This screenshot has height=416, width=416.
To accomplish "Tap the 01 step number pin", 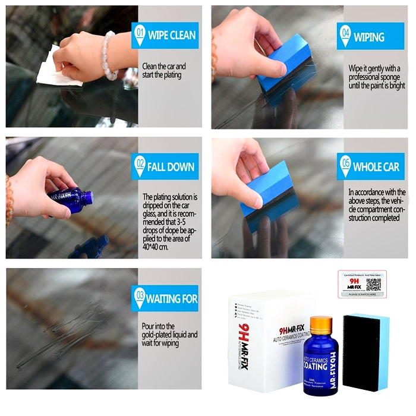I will click(x=140, y=35).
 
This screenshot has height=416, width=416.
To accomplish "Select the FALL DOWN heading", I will click(x=171, y=167).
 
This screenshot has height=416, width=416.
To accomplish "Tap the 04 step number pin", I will click(x=345, y=35).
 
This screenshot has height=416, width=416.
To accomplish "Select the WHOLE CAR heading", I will click(x=376, y=167).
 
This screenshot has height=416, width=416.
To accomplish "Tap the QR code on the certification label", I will click(x=373, y=284).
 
